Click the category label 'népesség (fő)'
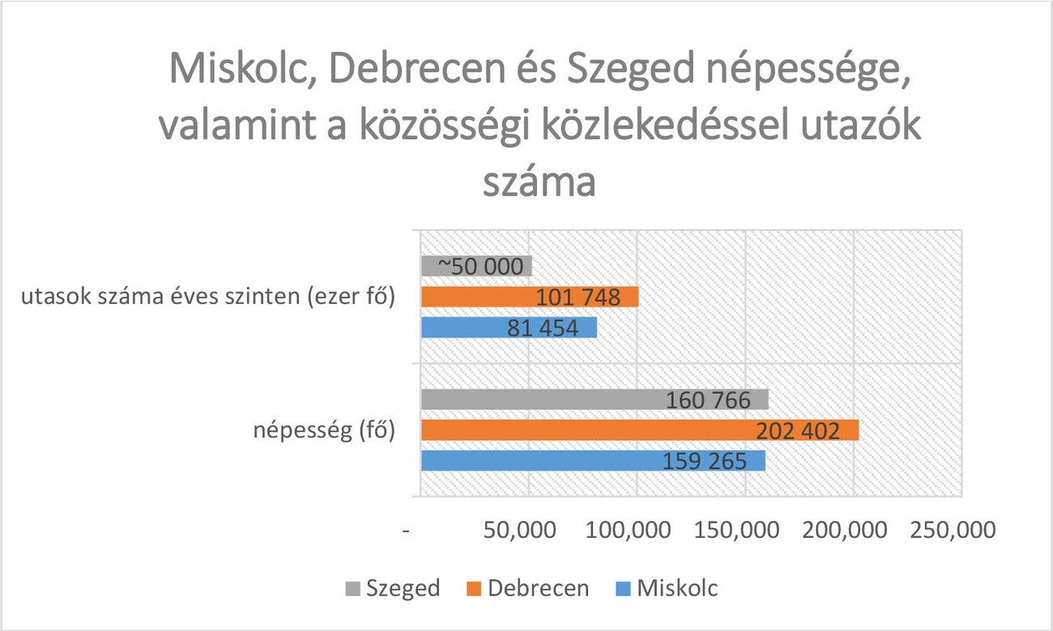pos(324,430)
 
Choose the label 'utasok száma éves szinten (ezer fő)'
pos(208,297)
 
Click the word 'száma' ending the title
pos(539,183)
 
